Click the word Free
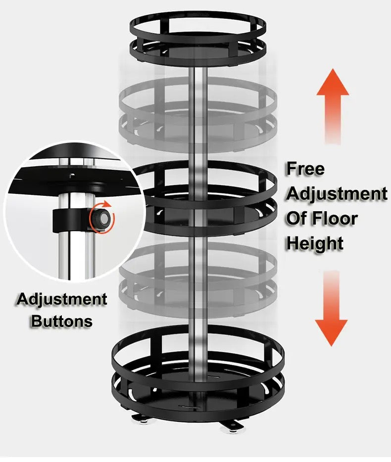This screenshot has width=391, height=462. [305, 169]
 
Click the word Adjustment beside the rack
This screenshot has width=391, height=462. [337, 193]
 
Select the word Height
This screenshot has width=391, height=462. [315, 243]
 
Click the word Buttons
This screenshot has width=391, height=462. [62, 321]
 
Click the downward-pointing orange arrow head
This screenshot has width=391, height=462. [331, 333]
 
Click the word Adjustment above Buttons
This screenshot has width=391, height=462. [62, 299]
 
